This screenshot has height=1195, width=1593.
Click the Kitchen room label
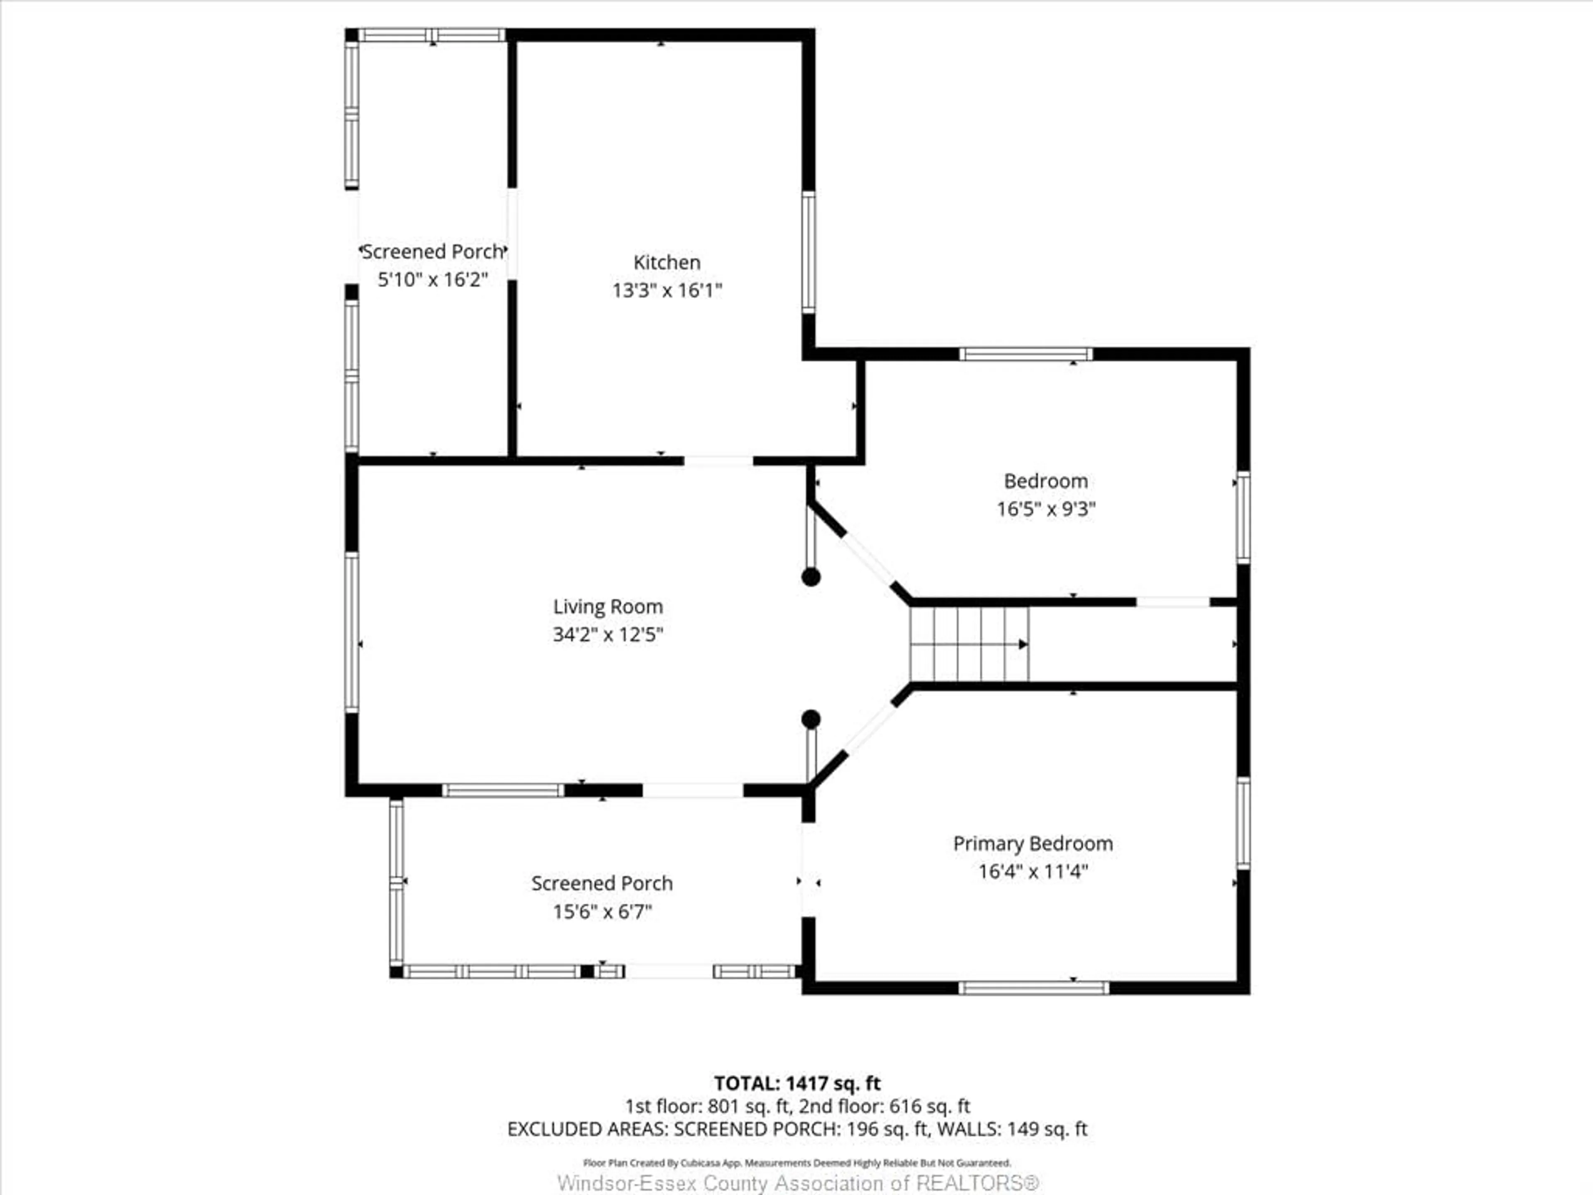666,262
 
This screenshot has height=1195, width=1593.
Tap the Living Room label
607,607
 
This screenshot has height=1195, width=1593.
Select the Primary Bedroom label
1032,844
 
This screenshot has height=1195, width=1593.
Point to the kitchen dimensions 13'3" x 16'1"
666,290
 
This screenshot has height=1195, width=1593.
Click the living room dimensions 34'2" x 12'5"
607,634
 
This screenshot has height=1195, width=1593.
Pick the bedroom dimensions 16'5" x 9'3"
1046,509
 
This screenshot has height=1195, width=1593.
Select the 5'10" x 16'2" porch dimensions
433,280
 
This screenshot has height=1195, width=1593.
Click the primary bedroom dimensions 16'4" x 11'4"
1032,872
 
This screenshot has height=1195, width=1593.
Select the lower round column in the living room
811,719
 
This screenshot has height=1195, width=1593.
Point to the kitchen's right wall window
809,252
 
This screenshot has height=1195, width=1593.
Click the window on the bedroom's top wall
1025,354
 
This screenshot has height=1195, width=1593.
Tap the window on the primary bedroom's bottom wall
1033,988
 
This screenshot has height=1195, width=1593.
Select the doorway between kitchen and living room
718,460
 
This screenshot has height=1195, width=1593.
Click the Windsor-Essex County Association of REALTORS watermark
798,1183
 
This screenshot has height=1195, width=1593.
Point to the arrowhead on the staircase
1023,644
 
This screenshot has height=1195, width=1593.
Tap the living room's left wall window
351,632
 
